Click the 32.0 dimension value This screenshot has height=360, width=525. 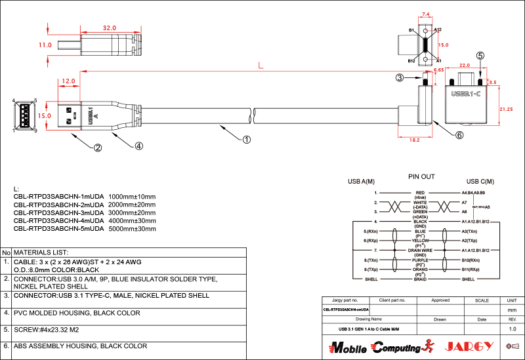point(110,28)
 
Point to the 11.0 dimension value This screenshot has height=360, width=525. point(45,45)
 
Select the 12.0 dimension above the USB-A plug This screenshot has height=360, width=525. point(68,81)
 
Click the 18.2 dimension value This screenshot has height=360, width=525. point(415,140)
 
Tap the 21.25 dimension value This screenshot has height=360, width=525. point(506,108)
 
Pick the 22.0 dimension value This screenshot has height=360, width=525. point(465,66)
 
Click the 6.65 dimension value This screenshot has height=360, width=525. point(439,69)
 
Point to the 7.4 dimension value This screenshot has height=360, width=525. point(426,14)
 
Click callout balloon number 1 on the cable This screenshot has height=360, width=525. point(247,139)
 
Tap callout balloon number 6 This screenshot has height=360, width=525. point(459,135)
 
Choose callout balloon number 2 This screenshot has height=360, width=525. point(97,148)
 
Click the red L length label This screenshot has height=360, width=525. point(261,66)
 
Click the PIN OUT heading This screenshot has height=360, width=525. point(421,177)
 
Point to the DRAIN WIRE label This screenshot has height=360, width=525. point(421,250)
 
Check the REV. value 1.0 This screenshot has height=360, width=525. point(513,328)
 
